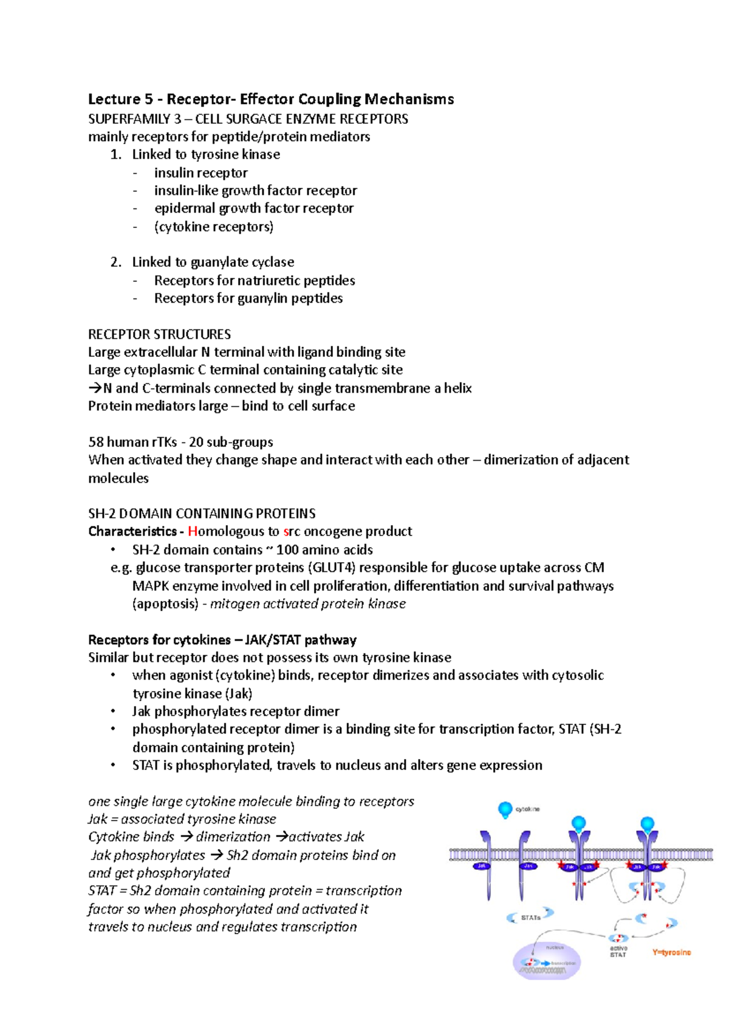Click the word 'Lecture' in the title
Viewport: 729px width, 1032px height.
tap(114, 99)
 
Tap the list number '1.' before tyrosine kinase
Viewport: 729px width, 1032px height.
tap(115, 154)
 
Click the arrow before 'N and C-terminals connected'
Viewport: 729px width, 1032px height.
tap(95, 388)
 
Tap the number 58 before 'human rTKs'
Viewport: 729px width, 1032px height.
tap(96, 442)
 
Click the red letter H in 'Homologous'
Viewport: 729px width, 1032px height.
tap(193, 532)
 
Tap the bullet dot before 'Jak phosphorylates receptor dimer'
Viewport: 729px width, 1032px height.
tap(113, 711)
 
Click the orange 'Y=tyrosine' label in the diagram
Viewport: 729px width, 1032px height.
tap(671, 952)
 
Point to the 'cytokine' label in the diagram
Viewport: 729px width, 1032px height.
tap(527, 810)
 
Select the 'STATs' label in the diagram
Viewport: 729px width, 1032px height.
tap(530, 917)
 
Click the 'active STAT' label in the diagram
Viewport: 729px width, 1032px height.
tap(618, 952)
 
